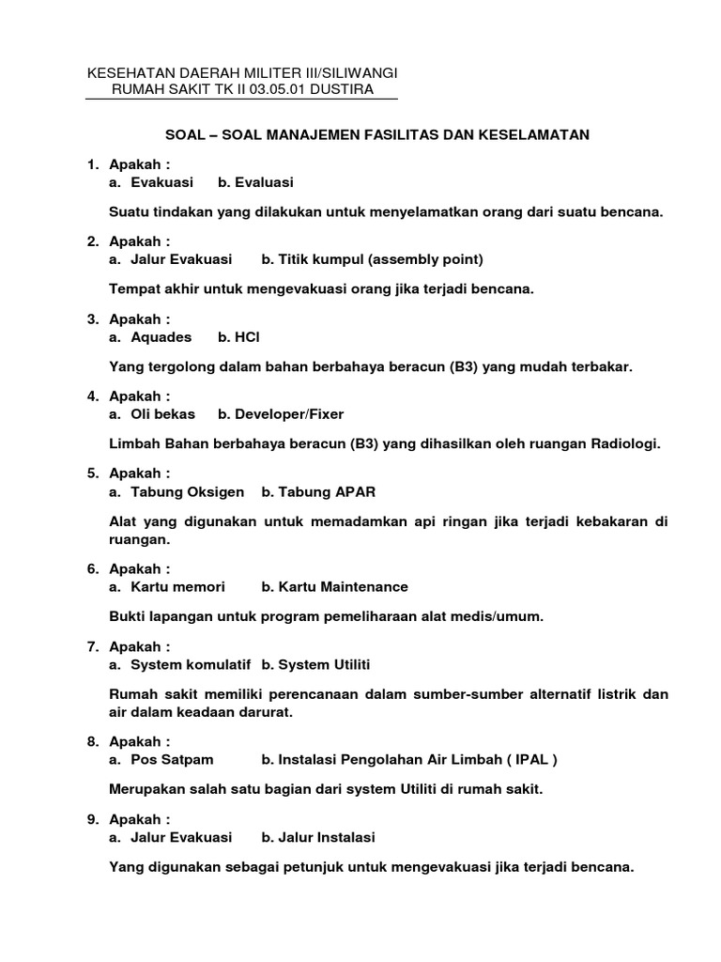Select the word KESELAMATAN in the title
pos(536,134)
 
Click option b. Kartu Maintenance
pos(334,586)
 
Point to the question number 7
pos(92,646)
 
